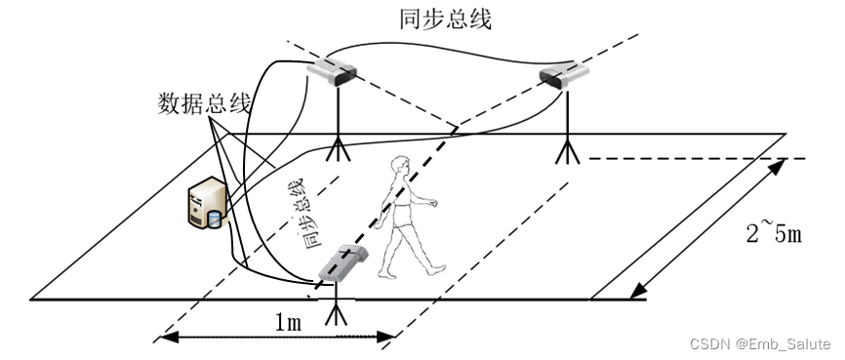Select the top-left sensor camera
[x=333, y=70]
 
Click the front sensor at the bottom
[x=341, y=263]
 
